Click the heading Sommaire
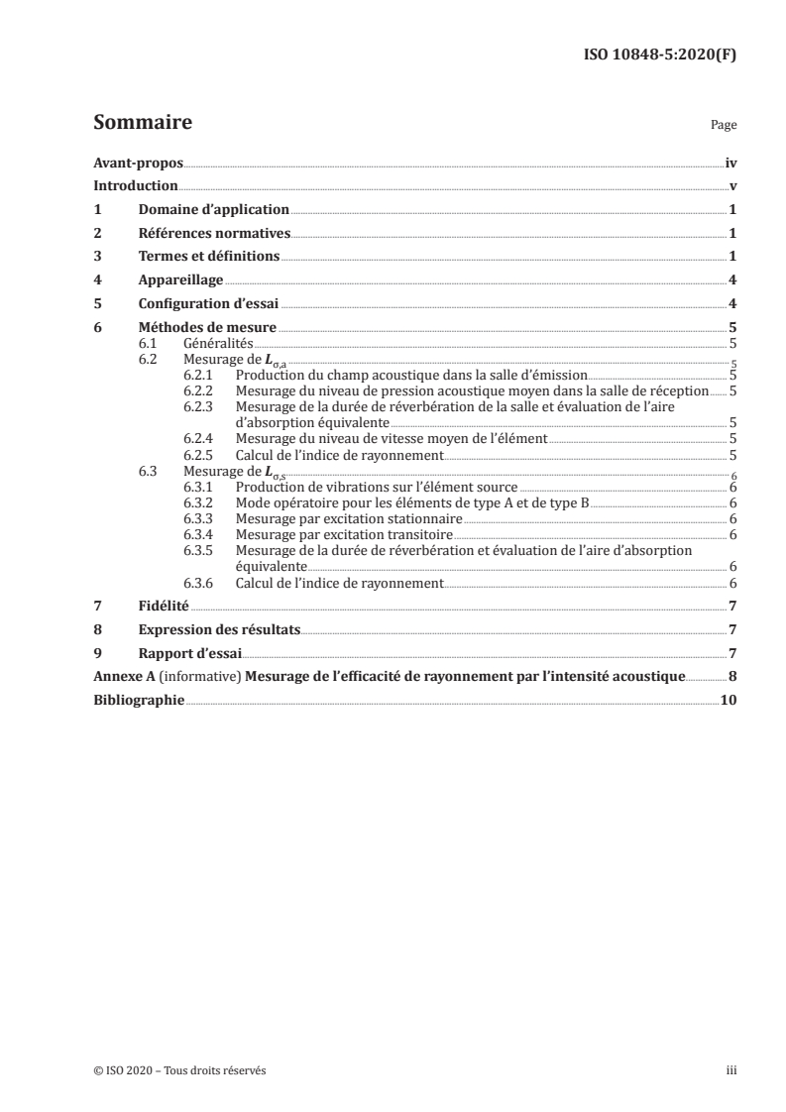(x=142, y=124)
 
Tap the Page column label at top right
(x=724, y=127)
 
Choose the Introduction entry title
(x=136, y=186)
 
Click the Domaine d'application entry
(x=213, y=210)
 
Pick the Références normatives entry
(x=214, y=234)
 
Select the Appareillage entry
(x=180, y=280)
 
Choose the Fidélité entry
(x=163, y=606)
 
